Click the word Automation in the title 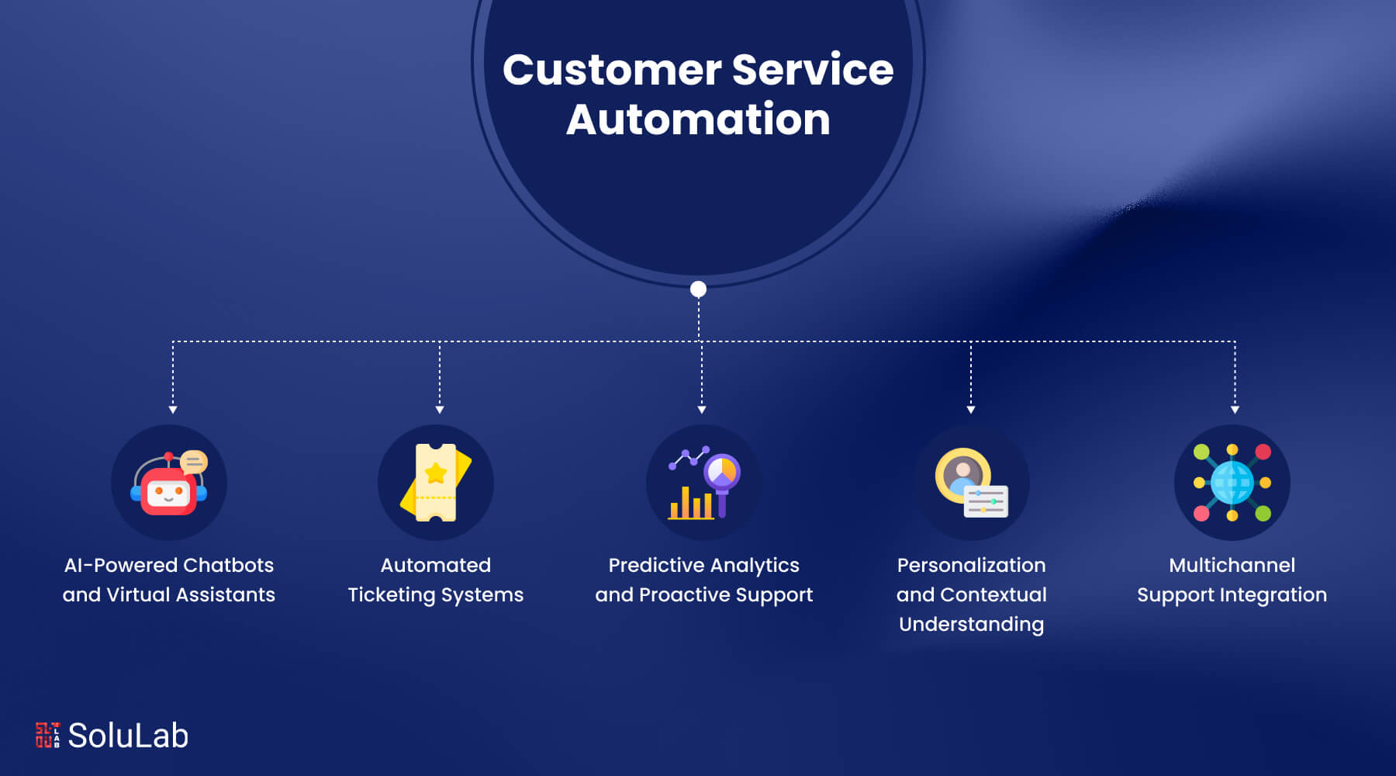click(x=698, y=120)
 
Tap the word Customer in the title click(x=611, y=70)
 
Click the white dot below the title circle click(x=698, y=289)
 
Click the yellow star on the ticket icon click(x=436, y=473)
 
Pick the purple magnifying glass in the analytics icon click(x=722, y=475)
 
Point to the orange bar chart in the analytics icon click(x=691, y=504)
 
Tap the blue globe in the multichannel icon click(x=1232, y=483)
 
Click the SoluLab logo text click(x=128, y=736)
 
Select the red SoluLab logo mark click(x=47, y=735)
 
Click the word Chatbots click(x=228, y=565)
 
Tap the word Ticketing click(x=391, y=595)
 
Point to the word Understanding click(x=971, y=624)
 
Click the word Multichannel click(x=1232, y=565)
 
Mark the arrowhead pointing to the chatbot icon click(x=173, y=409)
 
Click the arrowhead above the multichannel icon click(x=1235, y=409)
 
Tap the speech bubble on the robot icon click(x=194, y=462)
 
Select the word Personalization click(x=971, y=565)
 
